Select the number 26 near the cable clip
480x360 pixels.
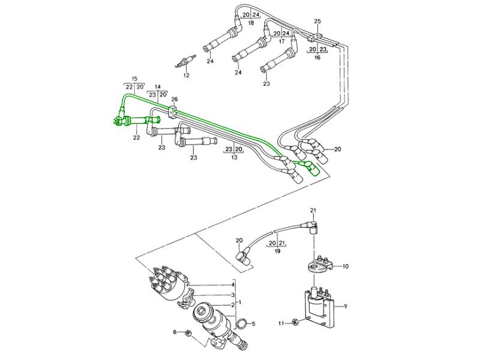pyautogui.click(x=175, y=99)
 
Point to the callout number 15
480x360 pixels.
pyautogui.click(x=134, y=79)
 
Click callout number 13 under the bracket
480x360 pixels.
pyautogui.click(x=233, y=157)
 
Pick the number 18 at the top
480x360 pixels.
pyautogui.click(x=251, y=22)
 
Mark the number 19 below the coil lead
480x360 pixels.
pyautogui.click(x=277, y=252)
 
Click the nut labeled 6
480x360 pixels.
pyautogui.click(x=188, y=333)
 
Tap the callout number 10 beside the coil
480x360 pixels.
pyautogui.click(x=345, y=265)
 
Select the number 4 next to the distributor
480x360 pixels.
pyautogui.click(x=233, y=285)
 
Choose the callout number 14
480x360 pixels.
pyautogui.click(x=158, y=86)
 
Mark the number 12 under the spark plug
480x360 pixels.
pyautogui.click(x=186, y=76)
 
